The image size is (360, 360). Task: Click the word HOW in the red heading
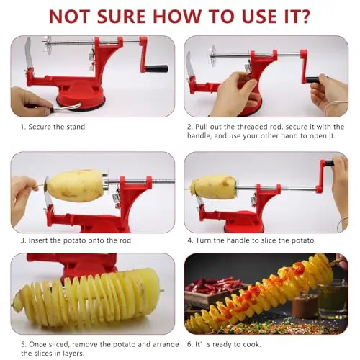[177, 17]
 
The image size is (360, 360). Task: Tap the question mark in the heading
[303, 16]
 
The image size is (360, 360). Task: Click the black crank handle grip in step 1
[156, 68]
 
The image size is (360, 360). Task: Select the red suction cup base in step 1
[81, 96]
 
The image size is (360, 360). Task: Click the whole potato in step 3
[76, 186]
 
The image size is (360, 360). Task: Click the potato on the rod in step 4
[215, 187]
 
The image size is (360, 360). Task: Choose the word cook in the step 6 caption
[252, 344]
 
